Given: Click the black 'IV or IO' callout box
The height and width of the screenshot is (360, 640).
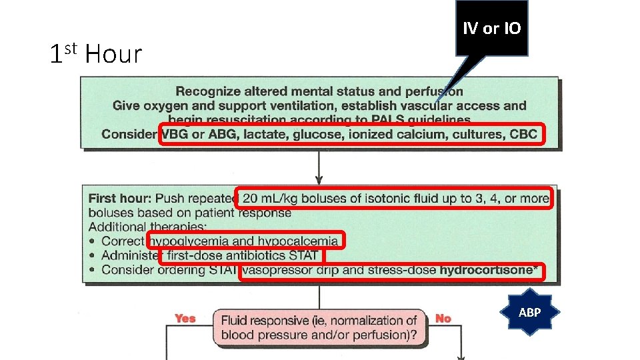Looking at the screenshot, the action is click(491, 28).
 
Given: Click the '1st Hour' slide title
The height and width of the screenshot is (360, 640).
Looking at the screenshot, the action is click(96, 54).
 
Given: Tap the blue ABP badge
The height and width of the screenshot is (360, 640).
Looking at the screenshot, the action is click(529, 312).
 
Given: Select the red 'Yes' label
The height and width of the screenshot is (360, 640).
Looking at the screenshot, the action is click(185, 318).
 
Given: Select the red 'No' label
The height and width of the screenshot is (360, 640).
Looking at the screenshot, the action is click(443, 318).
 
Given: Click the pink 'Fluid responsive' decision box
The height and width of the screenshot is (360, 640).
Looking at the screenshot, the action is click(320, 327).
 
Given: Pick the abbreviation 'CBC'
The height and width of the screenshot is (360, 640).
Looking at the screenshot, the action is click(523, 134).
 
